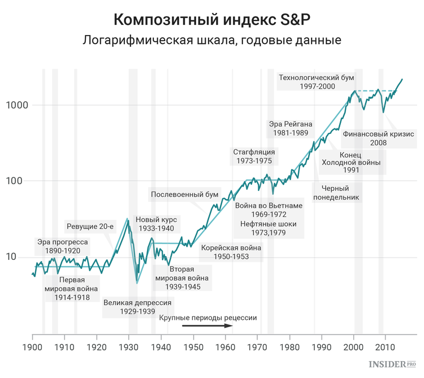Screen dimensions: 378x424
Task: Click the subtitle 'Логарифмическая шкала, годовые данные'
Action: click(x=212, y=41)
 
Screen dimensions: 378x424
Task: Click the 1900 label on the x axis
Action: click(x=32, y=346)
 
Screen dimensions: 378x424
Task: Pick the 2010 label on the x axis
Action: click(x=386, y=346)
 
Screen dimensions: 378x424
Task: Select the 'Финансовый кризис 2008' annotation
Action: click(x=379, y=138)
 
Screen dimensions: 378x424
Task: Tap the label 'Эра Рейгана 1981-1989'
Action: click(x=290, y=129)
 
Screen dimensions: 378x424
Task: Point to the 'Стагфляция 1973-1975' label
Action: click(x=254, y=157)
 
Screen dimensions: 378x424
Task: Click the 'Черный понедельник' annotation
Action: click(x=338, y=193)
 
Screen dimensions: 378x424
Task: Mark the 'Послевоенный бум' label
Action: click(x=184, y=195)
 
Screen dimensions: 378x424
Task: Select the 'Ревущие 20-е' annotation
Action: click(x=90, y=227)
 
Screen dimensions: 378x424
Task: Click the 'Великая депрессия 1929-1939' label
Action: click(x=137, y=307)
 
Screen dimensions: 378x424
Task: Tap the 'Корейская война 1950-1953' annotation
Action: click(x=231, y=252)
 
